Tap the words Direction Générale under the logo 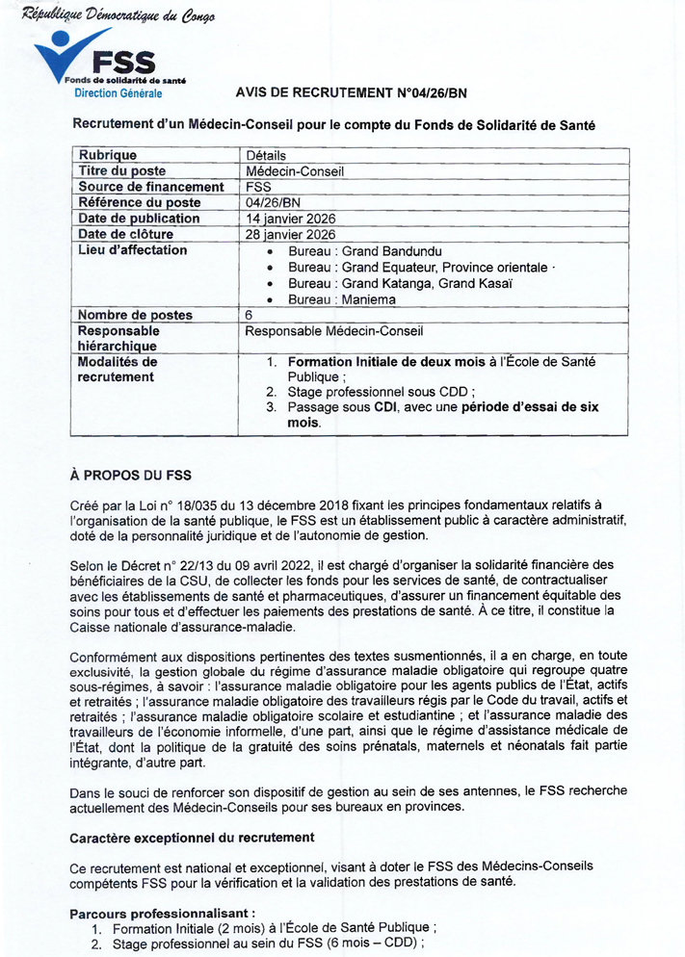(x=119, y=93)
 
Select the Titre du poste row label (x=122, y=171)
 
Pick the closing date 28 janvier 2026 (x=291, y=234)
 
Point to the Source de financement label (x=151, y=187)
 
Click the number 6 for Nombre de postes (x=250, y=315)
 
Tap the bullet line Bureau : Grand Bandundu (x=348, y=250)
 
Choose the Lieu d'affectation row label (x=133, y=250)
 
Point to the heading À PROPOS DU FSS (x=131, y=475)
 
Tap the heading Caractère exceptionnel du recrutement (x=192, y=838)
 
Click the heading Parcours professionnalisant (x=163, y=913)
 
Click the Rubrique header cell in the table (x=108, y=155)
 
